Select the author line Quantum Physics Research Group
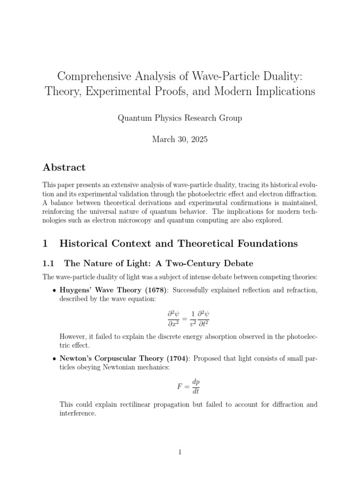[x=180, y=118]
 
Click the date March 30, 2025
[x=180, y=140]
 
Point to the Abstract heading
[x=64, y=167]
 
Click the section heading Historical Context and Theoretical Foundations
[x=179, y=243]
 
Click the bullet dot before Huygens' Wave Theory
[x=55, y=291]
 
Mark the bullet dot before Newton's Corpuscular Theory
[x=55, y=359]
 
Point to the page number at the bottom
[x=180, y=452]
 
